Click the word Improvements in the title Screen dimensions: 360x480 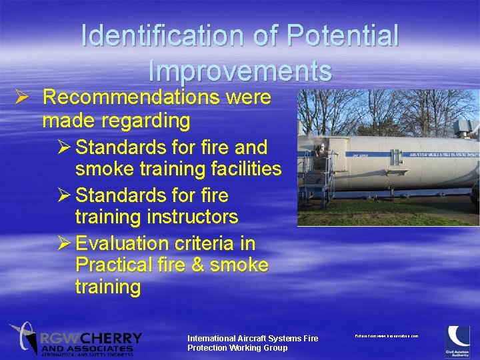pyautogui.click(x=240, y=71)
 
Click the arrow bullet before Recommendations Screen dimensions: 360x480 pyautogui.click(x=20, y=97)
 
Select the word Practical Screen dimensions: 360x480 pyautogui.click(x=114, y=265)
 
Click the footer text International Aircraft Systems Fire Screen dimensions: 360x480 pyautogui.click(x=253, y=339)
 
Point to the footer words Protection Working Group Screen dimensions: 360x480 pyautogui.click(x=237, y=348)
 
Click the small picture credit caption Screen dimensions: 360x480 pyautogui.click(x=386, y=336)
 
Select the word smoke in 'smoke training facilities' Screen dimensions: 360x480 pyautogui.click(x=104, y=169)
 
